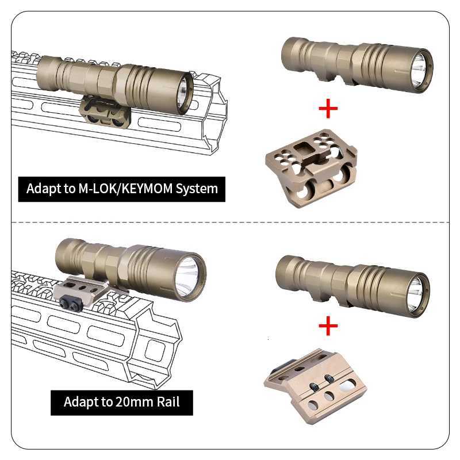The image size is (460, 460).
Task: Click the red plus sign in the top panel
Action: tap(328, 108)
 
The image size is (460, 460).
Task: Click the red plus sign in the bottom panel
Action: tap(328, 327)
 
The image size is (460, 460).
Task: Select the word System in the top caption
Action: tap(197, 188)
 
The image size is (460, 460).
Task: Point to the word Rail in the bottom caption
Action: tap(167, 401)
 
